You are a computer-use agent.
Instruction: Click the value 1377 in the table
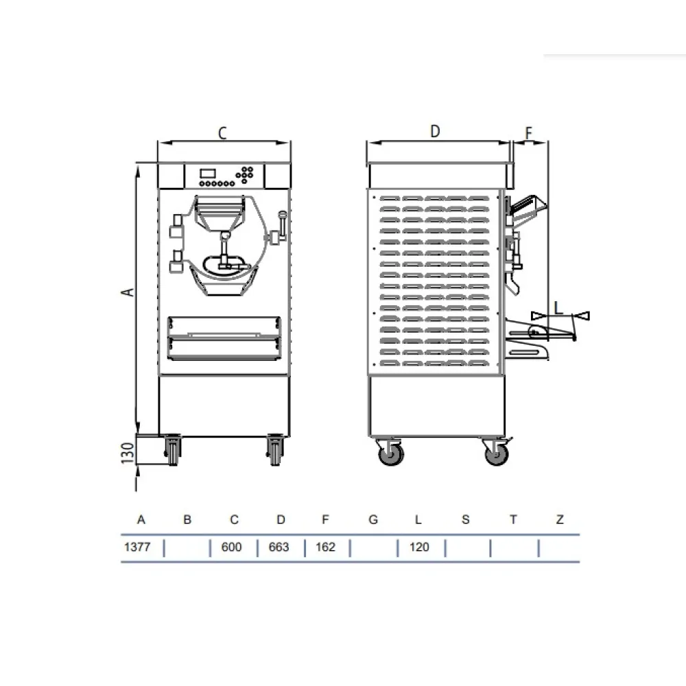tap(137, 547)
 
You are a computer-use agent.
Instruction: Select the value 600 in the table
tap(231, 547)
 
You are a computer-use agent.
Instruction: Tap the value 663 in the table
tap(279, 547)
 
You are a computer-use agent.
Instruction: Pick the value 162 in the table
tap(325, 547)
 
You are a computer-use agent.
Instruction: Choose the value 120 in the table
tap(419, 547)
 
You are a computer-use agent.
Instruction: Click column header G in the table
tap(373, 519)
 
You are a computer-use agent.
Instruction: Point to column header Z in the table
tap(560, 519)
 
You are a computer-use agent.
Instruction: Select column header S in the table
tap(466, 519)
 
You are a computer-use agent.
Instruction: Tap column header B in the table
tap(187, 519)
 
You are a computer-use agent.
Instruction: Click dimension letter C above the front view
tap(222, 133)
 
